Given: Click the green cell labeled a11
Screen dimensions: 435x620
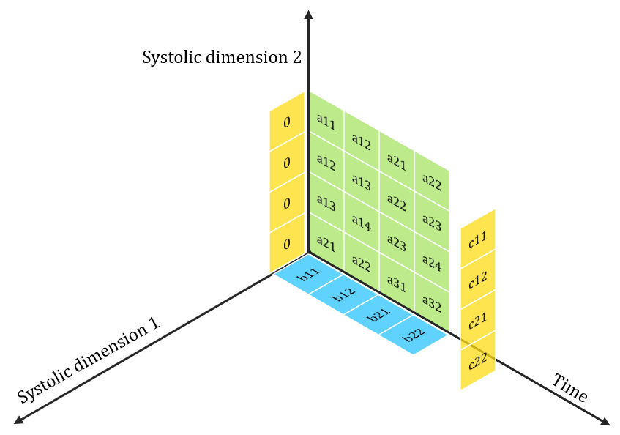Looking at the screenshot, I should pos(326,122).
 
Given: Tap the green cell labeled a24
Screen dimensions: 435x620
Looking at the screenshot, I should pos(432,262).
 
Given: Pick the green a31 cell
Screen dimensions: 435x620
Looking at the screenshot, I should pos(396,283).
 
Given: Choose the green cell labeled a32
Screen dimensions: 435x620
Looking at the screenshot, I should pos(432,303).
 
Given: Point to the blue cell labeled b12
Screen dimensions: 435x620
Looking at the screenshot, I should pos(344,294).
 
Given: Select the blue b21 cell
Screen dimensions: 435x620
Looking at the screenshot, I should pos(379,315).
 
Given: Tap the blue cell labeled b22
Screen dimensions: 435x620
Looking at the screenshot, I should pos(414,335).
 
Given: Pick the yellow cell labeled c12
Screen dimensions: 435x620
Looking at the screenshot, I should pos(478,280).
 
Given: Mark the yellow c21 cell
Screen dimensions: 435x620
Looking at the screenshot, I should pos(478,320).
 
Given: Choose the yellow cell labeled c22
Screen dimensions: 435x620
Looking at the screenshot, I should pos(478,361).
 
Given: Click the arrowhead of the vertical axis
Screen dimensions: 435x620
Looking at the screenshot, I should pos(308,14).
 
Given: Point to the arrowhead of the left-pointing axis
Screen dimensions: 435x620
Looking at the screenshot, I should pos(18,420).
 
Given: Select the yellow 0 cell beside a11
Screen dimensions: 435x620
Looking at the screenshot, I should pos(286,122).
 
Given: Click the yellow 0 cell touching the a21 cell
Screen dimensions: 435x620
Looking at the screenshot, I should pos(286,243).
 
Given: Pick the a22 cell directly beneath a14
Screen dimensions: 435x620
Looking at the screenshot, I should pos(361,261).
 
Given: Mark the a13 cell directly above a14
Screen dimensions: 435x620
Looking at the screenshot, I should pos(361,180).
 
